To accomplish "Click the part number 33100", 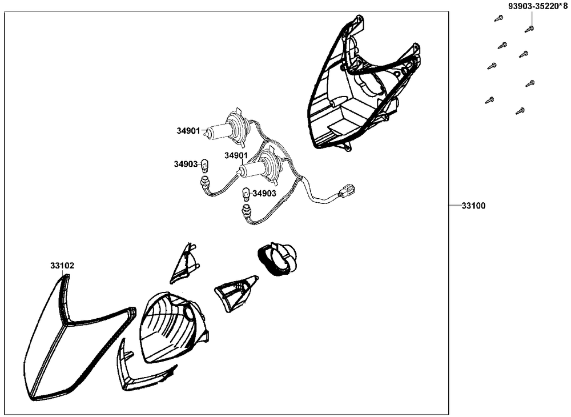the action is (473, 206).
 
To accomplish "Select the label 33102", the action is (62, 266).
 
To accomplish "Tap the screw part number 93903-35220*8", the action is (537, 6).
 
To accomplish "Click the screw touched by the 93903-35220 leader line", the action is (529, 29).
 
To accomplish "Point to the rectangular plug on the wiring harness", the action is (347, 191).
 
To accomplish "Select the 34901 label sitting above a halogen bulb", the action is (236, 155).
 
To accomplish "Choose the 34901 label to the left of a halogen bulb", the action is (188, 130).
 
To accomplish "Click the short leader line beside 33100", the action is (455, 206).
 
